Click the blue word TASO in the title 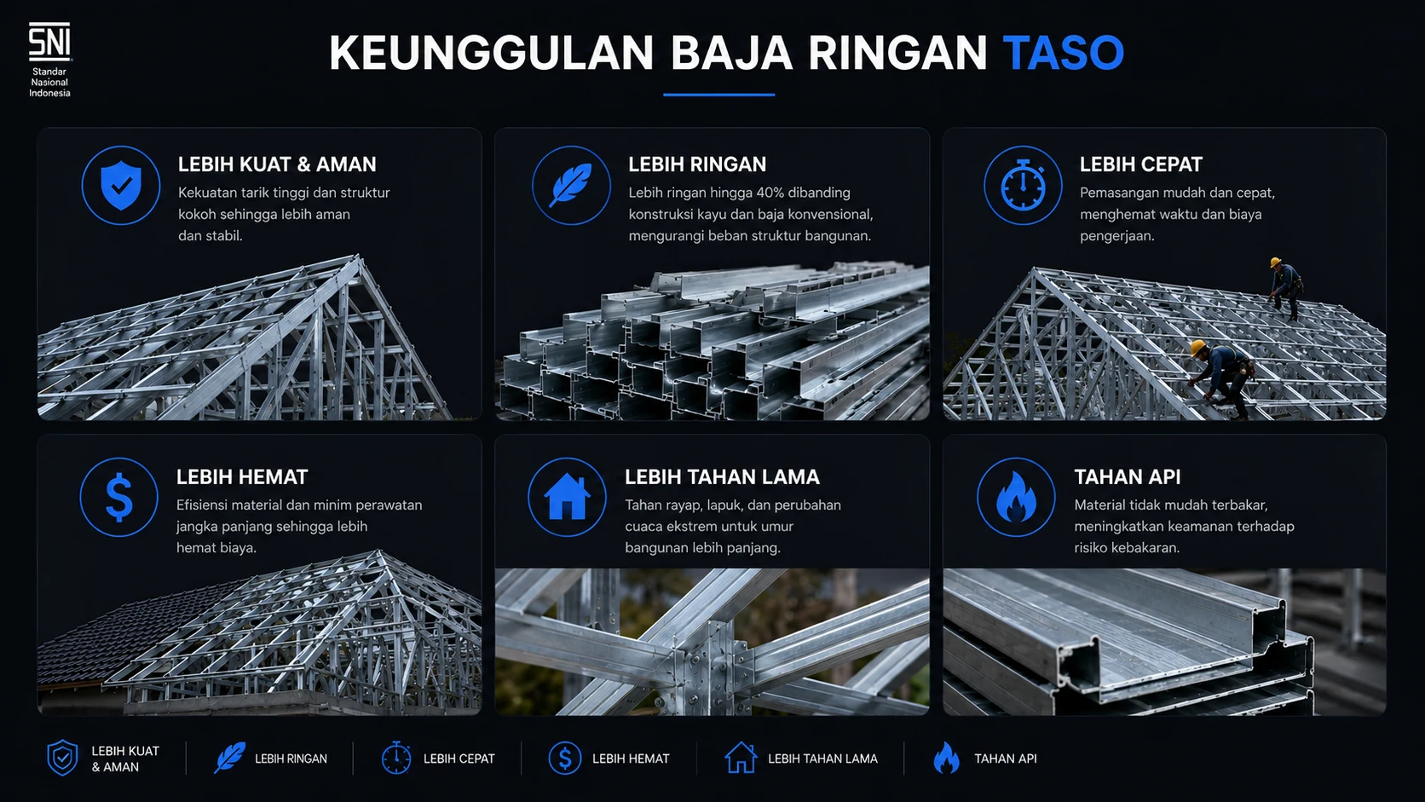coord(1064,52)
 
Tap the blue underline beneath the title coord(718,95)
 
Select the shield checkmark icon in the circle coord(121,185)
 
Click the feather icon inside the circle coord(571,185)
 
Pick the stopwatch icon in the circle coord(1023,185)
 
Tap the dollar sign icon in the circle coord(119,498)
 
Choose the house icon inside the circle coord(567,498)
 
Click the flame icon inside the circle coord(1016,498)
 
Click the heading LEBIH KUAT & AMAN coord(277,164)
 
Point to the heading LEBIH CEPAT coord(1140,164)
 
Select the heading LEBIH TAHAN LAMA coord(722,476)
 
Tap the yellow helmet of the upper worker coord(1275,262)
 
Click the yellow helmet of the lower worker coord(1198,347)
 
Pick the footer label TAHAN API coord(1005,759)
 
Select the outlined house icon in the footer coord(741,758)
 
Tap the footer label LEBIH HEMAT coord(631,759)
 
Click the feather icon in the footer coord(229,758)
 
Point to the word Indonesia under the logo coord(49,93)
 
